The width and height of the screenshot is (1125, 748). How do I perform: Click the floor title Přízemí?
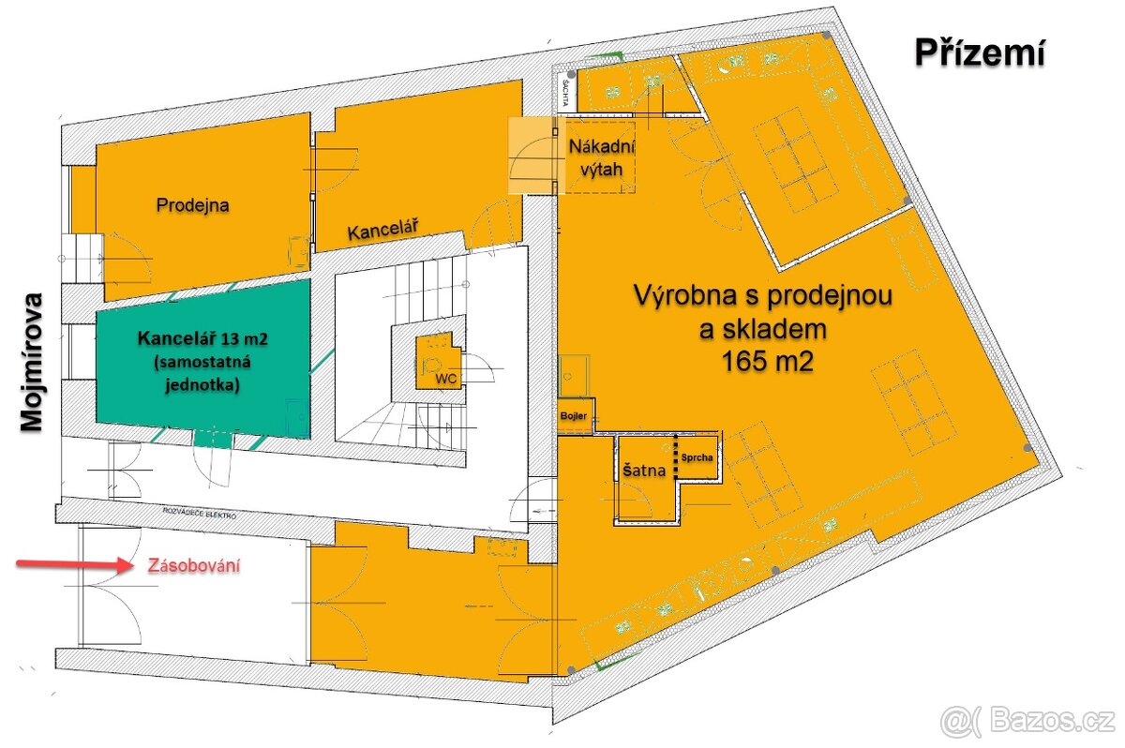(980, 54)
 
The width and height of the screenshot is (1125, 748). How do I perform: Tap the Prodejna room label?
(193, 203)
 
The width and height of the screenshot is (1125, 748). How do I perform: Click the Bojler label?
(573, 415)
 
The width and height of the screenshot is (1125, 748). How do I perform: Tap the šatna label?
(644, 471)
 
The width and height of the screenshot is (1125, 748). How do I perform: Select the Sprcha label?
(698, 458)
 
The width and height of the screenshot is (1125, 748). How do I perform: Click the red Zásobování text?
(193, 566)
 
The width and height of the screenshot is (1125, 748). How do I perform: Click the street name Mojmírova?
(34, 361)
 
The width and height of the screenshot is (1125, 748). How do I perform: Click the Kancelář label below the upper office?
(382, 231)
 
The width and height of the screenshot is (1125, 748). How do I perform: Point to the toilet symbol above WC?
(433, 359)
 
